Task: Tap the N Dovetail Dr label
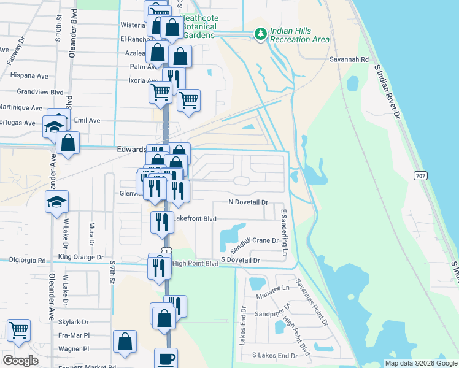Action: click(x=249, y=202)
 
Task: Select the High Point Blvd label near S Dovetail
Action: click(x=195, y=264)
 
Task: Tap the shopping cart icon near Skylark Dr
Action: click(x=19, y=330)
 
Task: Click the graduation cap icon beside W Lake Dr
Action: click(x=56, y=202)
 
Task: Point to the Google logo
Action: click(x=20, y=361)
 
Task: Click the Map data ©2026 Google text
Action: click(x=420, y=363)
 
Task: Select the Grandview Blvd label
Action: click(x=40, y=92)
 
